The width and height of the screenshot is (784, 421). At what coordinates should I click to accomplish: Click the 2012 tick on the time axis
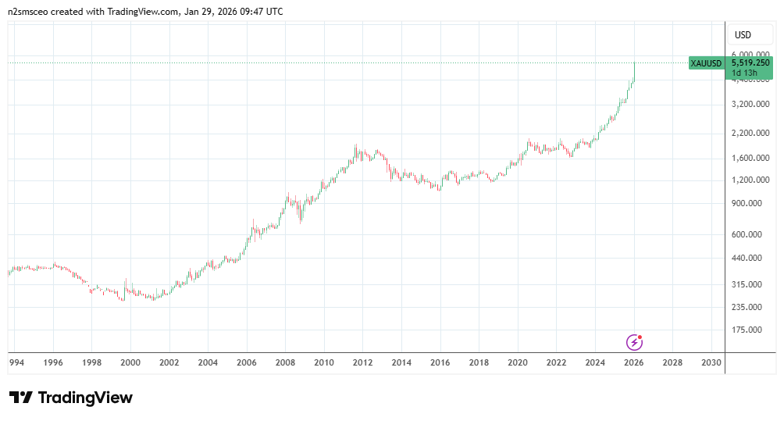(362, 362)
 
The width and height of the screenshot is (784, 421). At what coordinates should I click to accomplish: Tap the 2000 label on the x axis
(130, 362)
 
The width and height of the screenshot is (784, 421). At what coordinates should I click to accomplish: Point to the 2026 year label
(633, 362)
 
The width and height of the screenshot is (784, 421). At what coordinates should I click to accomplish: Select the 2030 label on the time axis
(711, 362)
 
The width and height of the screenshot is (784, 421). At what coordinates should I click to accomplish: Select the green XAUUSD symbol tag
(706, 63)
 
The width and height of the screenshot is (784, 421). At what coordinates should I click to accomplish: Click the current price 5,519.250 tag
(750, 62)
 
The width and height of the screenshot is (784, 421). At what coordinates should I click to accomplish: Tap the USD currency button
(743, 35)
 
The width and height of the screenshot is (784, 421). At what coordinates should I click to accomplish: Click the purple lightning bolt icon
(635, 342)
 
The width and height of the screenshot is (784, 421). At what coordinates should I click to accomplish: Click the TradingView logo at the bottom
(71, 398)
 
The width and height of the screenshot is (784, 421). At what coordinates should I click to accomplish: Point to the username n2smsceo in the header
(30, 12)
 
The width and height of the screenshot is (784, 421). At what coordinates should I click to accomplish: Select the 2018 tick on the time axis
(479, 362)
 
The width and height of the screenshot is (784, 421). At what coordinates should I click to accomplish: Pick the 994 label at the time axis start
(15, 362)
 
